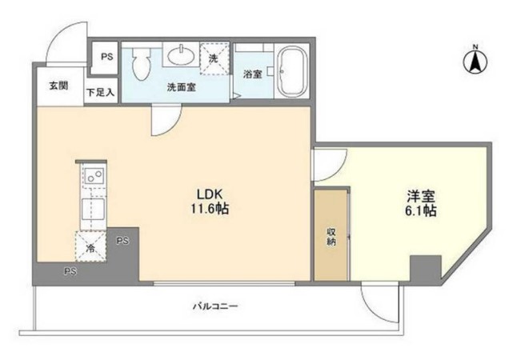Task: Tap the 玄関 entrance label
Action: (x=58, y=86)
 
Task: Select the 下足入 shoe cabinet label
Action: (x=101, y=91)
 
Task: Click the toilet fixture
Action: (x=142, y=64)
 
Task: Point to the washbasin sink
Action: (x=180, y=55)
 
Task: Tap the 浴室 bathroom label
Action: (x=252, y=74)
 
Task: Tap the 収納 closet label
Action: (x=331, y=238)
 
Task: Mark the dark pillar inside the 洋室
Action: (x=425, y=268)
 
